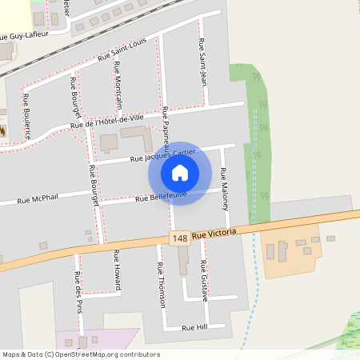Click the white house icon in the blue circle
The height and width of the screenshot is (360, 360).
coord(179,172)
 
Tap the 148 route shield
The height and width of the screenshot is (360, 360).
coord(179,238)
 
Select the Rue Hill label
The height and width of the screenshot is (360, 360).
coord(194,328)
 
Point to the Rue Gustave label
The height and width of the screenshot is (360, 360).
coord(205,281)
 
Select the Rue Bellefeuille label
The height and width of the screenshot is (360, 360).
coord(161,196)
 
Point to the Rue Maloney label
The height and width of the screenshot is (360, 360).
coord(225,190)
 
